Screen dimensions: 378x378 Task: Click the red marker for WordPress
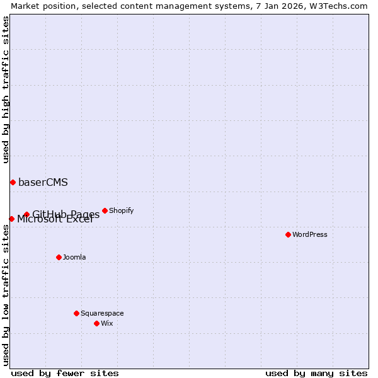(288, 234)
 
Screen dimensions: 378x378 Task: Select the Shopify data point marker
(105, 210)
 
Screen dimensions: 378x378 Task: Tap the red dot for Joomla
(59, 257)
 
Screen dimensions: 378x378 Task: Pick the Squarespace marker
(76, 313)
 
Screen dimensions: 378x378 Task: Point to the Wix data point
(96, 323)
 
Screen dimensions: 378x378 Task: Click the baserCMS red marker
(13, 182)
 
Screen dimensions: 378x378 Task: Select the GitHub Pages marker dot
(26, 214)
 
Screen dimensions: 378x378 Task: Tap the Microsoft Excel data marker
(11, 219)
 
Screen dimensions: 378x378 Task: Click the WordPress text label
(310, 234)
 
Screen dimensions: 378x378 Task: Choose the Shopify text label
(121, 210)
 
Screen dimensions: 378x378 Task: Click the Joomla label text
(74, 257)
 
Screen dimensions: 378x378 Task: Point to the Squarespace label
(102, 313)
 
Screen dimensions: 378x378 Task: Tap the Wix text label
(106, 323)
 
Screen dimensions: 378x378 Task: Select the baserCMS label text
(43, 183)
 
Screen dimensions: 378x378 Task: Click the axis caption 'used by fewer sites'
(65, 373)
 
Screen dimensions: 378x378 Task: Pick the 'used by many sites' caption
(316, 373)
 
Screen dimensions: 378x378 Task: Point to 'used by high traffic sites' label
(6, 89)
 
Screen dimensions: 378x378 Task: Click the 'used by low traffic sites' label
(6, 294)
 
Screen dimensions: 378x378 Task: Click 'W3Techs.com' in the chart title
(340, 6)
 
